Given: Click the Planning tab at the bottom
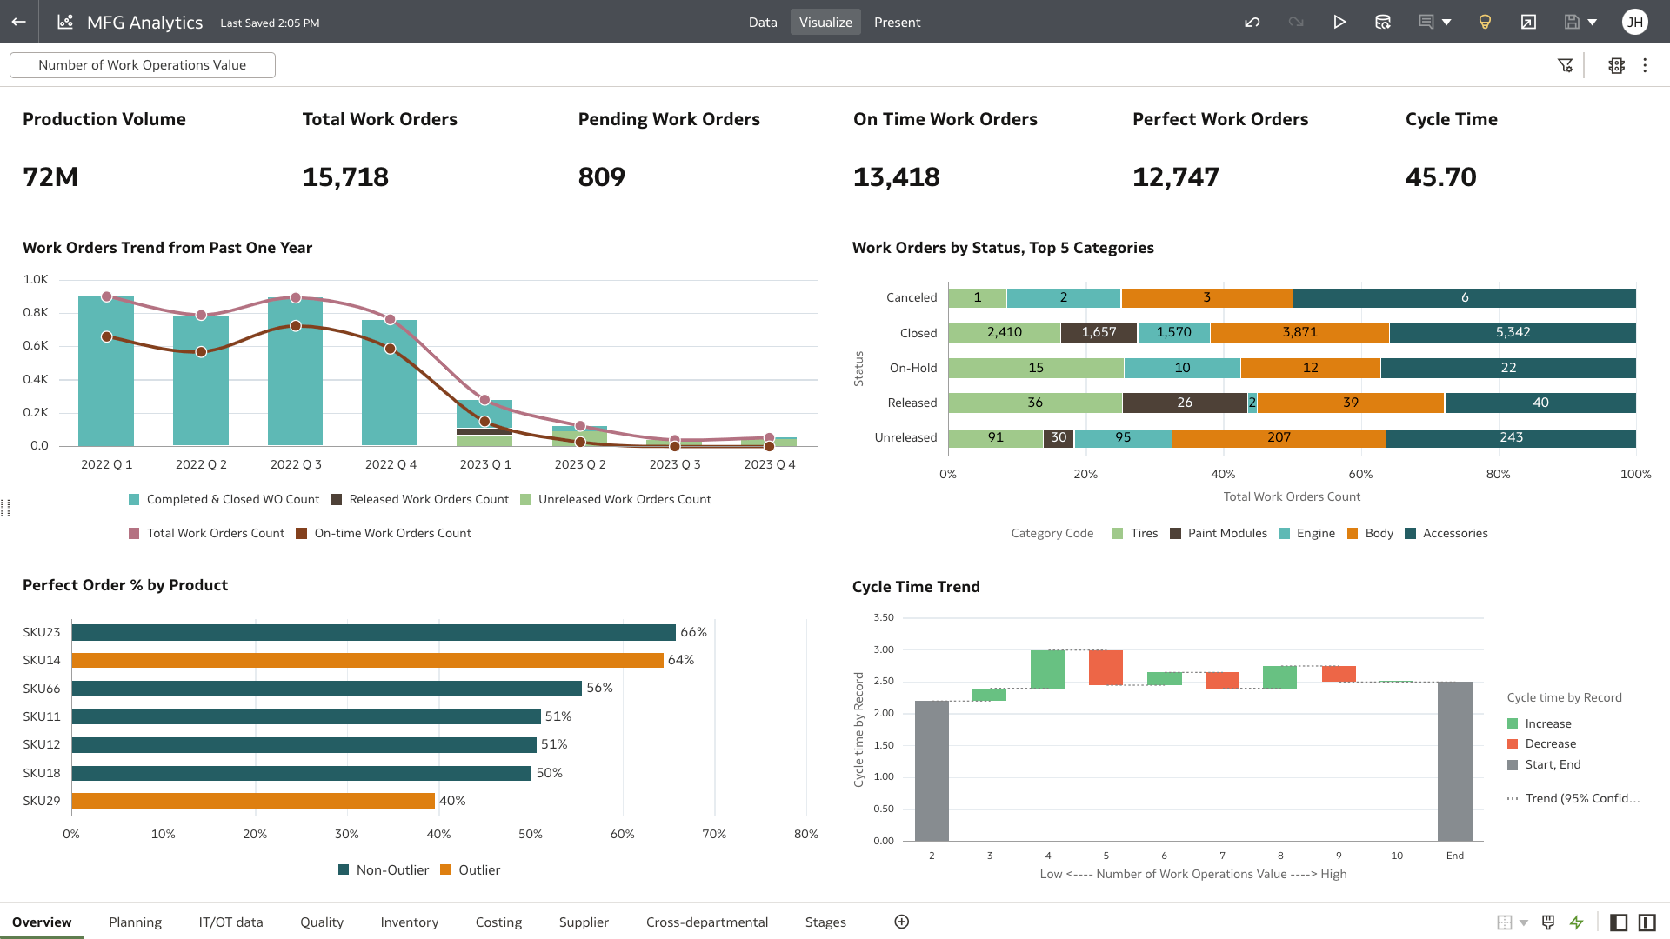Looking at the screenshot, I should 135,922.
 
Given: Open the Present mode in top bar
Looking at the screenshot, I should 897,23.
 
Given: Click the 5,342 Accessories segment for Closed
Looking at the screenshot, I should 1512,333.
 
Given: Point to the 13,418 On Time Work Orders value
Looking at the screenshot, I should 896,177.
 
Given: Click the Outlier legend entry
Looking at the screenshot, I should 478,870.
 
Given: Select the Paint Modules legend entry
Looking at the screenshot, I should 1226,534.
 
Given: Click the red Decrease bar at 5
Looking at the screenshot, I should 1106,668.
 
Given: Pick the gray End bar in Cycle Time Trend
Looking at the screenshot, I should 1454,761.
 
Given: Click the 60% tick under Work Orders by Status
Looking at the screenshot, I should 1360,475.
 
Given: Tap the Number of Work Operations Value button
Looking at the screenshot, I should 143,65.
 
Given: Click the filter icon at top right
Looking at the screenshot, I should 1565,65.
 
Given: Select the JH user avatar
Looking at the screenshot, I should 1634,23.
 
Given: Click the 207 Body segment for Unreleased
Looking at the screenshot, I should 1278,438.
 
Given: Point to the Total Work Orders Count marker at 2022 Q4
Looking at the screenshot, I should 391,320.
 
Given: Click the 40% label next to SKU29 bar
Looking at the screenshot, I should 452,801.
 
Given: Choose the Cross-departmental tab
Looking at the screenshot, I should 706,922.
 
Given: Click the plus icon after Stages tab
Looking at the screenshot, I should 902,922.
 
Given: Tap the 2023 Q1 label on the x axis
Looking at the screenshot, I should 485,465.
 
